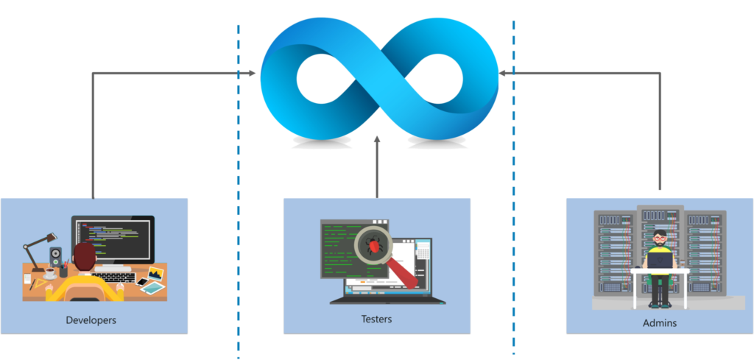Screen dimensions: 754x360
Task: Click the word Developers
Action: pos(91,320)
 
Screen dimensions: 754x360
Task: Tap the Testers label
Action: pos(376,319)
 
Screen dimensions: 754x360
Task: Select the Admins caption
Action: pos(660,323)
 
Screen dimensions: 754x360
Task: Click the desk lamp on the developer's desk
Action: pos(40,252)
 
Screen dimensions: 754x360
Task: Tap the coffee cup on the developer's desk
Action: pos(50,275)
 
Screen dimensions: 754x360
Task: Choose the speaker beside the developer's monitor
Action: pos(56,257)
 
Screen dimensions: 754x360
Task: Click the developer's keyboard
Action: pos(113,278)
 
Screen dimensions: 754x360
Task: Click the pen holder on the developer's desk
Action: pos(63,272)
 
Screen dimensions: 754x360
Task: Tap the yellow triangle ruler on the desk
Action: pos(49,289)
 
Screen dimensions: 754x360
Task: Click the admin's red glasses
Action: pos(660,239)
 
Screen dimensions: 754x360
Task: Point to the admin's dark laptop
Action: pos(660,261)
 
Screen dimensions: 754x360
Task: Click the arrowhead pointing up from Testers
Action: pos(377,139)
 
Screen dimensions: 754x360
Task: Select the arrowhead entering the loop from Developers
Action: pos(252,73)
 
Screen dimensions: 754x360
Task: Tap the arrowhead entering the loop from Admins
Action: pos(502,73)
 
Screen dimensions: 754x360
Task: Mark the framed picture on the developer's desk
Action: pos(155,274)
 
